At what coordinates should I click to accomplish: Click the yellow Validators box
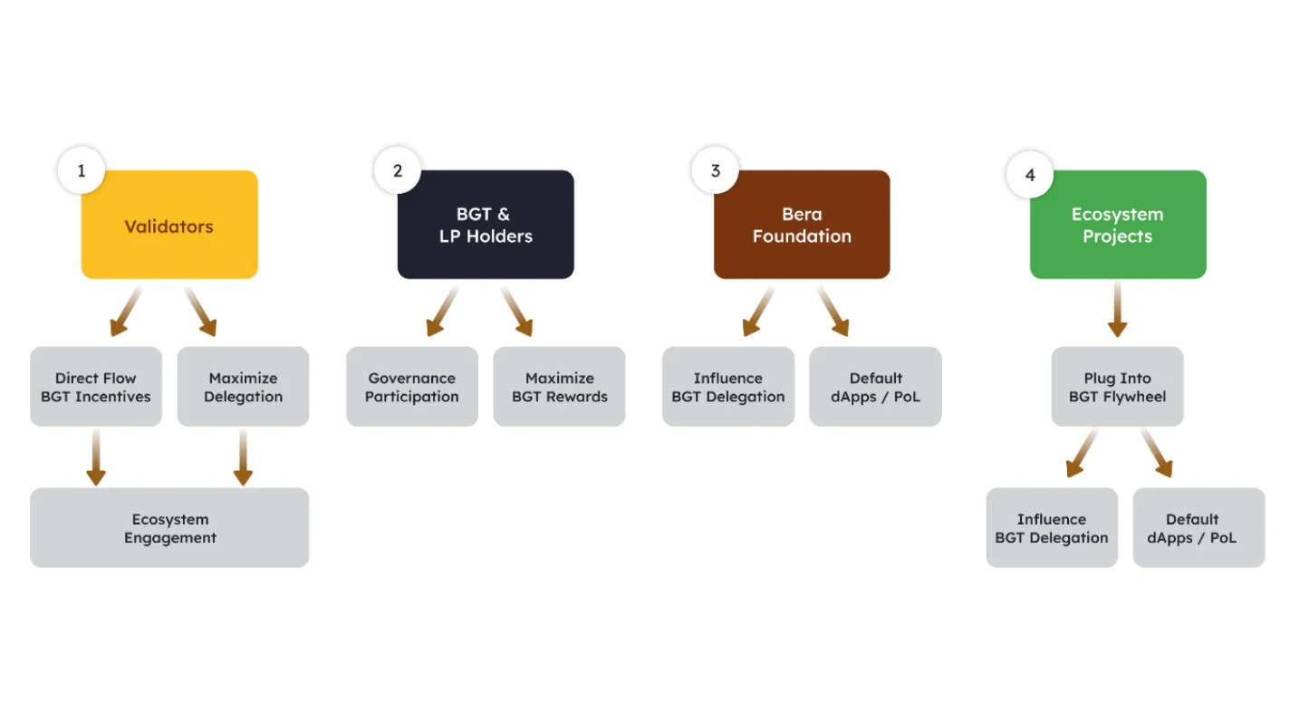169,225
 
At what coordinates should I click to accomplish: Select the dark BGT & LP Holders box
486,225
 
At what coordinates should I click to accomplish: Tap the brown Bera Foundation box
802,225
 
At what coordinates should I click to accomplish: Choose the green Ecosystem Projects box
1118,225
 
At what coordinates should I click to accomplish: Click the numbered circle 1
82,170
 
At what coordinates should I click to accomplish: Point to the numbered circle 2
398,170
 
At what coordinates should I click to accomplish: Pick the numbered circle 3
716,170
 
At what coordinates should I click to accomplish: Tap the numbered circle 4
1030,175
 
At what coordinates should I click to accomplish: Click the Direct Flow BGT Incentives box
96,387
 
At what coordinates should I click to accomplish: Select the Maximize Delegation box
243,387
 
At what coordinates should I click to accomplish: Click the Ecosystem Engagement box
169,528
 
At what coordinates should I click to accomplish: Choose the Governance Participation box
412,387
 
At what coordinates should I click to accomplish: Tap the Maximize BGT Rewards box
559,387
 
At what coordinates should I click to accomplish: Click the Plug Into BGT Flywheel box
1117,387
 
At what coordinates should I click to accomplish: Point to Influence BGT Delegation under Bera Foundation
728,387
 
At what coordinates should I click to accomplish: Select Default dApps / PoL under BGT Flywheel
1199,528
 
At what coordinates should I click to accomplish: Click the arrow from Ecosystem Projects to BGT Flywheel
1117,310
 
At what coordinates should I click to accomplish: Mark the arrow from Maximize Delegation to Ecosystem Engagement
243,457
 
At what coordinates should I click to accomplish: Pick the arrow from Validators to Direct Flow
126,311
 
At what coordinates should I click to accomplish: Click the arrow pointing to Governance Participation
442,311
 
